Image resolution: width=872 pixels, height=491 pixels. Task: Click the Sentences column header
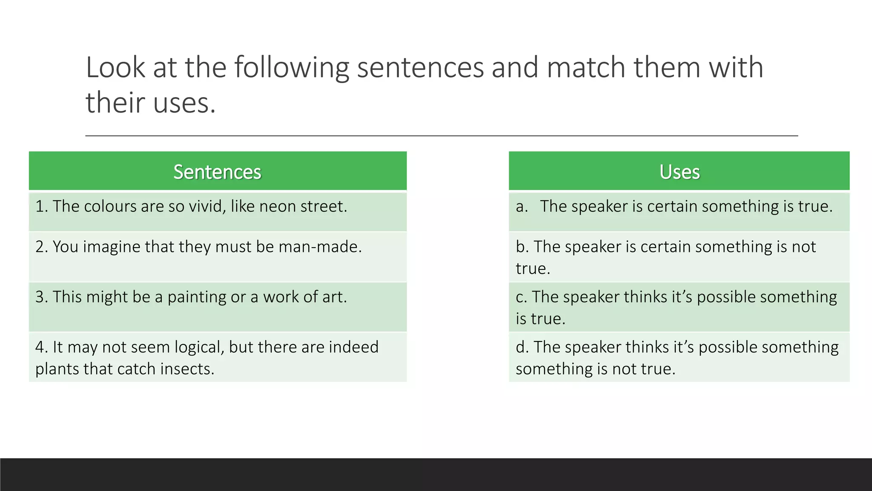217,172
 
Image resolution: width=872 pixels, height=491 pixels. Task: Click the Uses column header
679,172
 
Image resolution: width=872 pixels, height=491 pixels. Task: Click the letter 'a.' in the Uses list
522,206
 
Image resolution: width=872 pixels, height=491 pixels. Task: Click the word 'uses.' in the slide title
184,103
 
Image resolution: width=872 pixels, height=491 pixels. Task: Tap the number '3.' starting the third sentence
41,297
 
